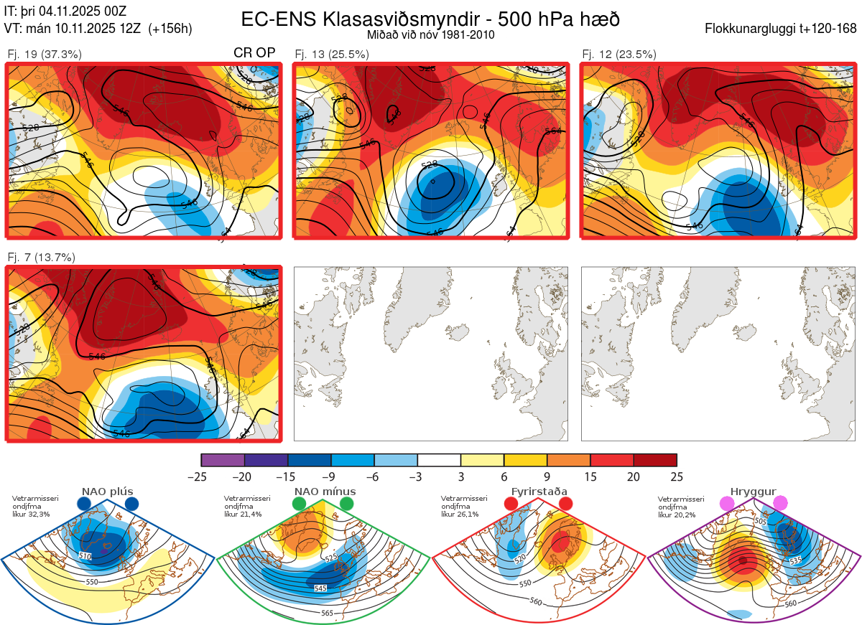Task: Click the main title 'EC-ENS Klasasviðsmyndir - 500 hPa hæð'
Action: pyautogui.click(x=430, y=19)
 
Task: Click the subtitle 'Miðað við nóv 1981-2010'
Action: pyautogui.click(x=430, y=35)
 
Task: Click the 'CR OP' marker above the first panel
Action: pyautogui.click(x=255, y=53)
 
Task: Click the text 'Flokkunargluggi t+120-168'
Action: pyautogui.click(x=781, y=29)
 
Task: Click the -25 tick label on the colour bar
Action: pyautogui.click(x=201, y=476)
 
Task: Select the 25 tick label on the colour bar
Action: pyautogui.click(x=676, y=476)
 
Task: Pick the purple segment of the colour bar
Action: pyautogui.click(x=223, y=460)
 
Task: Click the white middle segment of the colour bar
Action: pyautogui.click(x=439, y=460)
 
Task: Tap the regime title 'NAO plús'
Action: pyautogui.click(x=107, y=492)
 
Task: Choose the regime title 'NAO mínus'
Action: pyautogui.click(x=325, y=492)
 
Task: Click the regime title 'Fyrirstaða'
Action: pyautogui.click(x=539, y=492)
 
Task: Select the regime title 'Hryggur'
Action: pyautogui.click(x=754, y=492)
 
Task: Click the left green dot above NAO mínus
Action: pyautogui.click(x=300, y=504)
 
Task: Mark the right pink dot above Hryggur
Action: pyautogui.click(x=780, y=504)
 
